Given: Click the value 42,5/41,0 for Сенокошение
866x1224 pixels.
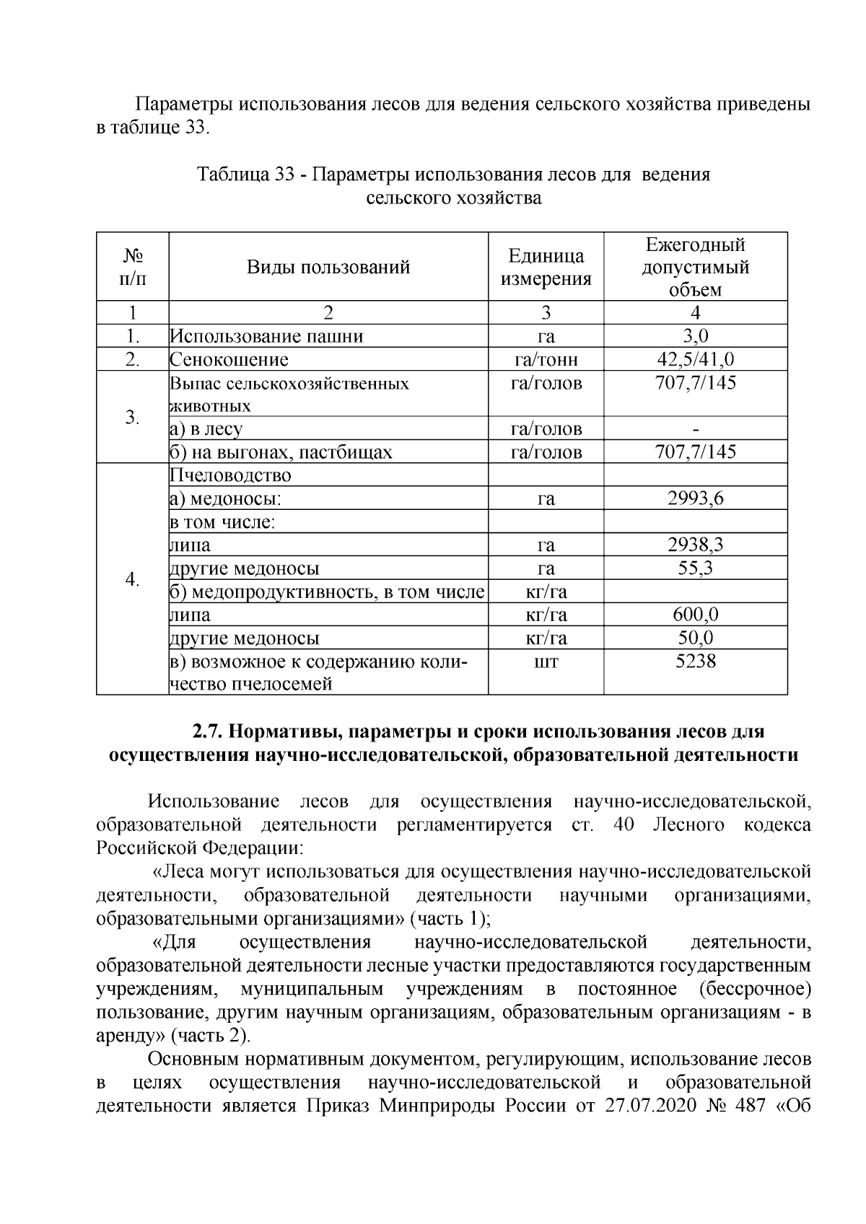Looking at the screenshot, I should click(x=695, y=359).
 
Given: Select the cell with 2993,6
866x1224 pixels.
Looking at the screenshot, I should click(x=695, y=498).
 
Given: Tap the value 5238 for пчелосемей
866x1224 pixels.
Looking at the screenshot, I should click(x=695, y=661).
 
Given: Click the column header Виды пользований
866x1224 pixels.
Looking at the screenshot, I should click(x=328, y=268).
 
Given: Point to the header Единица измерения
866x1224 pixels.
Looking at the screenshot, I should click(x=546, y=268).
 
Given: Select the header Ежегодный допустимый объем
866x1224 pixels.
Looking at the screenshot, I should click(x=695, y=268).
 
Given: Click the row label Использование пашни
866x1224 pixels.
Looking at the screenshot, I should click(x=267, y=336).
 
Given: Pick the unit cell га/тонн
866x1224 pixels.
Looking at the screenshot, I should click(x=546, y=359).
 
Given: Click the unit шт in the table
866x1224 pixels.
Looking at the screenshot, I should click(x=546, y=661).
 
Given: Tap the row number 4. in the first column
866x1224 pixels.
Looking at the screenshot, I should click(x=132, y=579).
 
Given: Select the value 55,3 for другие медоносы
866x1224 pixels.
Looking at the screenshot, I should click(x=695, y=568).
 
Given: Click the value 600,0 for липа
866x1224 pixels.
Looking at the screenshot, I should click(x=695, y=615).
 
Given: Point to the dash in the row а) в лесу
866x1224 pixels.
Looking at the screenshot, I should click(x=695, y=429).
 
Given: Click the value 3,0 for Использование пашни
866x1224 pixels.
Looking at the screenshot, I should click(x=695, y=336).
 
